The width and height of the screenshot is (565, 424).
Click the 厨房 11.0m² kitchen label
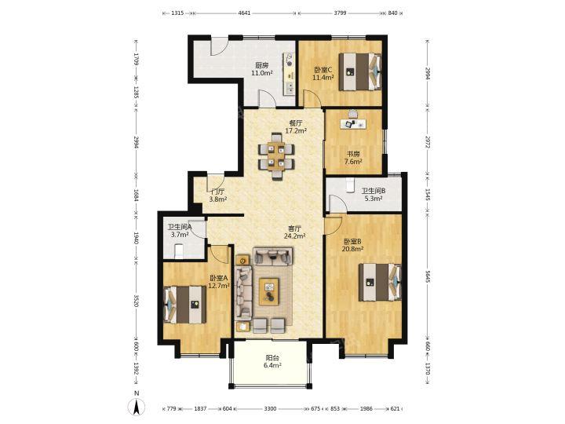pos(261,69)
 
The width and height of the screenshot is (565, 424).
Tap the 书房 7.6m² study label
pos(353,158)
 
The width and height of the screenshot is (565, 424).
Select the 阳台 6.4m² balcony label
pos(272,362)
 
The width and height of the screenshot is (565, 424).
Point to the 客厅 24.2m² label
pos(295,232)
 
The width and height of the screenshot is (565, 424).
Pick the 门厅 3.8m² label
pos(217,195)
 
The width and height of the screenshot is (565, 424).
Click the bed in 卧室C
pos(359,71)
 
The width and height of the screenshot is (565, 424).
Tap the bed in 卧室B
pos(380,283)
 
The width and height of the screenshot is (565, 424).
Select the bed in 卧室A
pos(185,305)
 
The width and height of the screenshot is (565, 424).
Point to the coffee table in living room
pos(269,291)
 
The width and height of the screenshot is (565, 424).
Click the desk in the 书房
pos(353,124)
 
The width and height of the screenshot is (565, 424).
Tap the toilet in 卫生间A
pos(179,251)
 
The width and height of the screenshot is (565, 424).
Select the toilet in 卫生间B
pos(349,185)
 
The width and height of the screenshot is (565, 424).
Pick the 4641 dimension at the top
pos(244,13)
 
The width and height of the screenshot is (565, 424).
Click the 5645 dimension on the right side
pos(428,276)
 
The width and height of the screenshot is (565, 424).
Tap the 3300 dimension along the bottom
pos(270,408)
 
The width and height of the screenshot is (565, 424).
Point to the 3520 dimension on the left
pos(136,301)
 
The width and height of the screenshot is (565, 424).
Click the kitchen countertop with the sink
pos(290,74)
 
